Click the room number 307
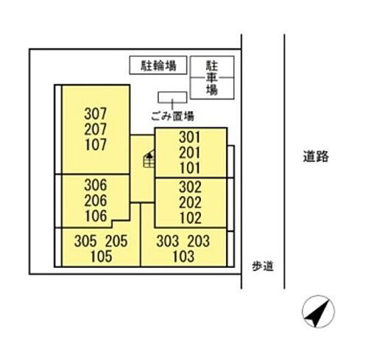click(x=96, y=113)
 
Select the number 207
click(x=96, y=129)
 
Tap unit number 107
click(x=96, y=144)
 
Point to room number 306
click(x=96, y=185)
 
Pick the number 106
click(x=96, y=216)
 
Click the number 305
click(x=85, y=241)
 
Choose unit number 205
click(x=116, y=241)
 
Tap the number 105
click(x=102, y=257)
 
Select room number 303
click(x=168, y=241)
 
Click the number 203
click(x=199, y=241)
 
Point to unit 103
click(x=183, y=257)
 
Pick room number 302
click(x=190, y=187)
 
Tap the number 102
click(x=191, y=218)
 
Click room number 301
click(x=190, y=137)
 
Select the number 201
click(x=190, y=152)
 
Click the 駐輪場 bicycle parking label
click(x=158, y=66)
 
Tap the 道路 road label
click(x=316, y=156)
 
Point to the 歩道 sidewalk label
click(x=263, y=267)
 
